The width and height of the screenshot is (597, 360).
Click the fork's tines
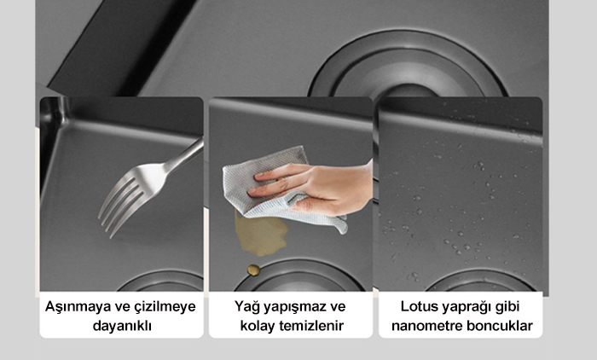(x=120, y=202)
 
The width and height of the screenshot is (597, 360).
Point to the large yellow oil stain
(x=260, y=233)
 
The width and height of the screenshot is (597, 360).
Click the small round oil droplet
(x=254, y=270)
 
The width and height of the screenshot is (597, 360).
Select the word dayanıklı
(x=122, y=326)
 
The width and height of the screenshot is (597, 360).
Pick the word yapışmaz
(x=296, y=307)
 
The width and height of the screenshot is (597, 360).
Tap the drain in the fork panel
(x=161, y=282)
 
